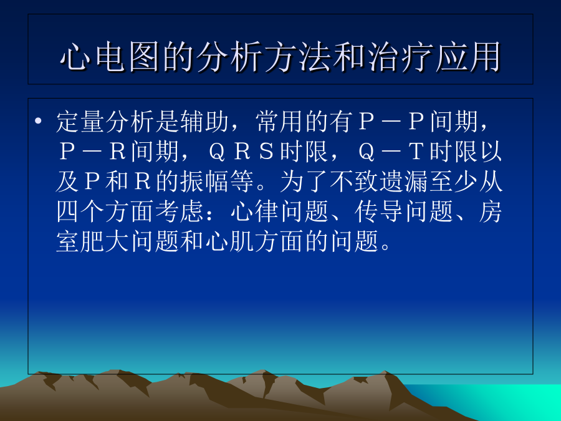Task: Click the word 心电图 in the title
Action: pos(110,57)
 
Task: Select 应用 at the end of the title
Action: pos(468,57)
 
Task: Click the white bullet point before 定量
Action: pos(38,120)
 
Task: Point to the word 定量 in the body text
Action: pos(80,122)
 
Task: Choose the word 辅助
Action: pos(204,122)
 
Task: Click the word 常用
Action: pos(279,122)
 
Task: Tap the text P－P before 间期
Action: pos(392,122)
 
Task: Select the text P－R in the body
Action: pos(93,152)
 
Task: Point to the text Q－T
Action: pos(392,152)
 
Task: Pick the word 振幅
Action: pos(204,181)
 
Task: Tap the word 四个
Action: pos(80,211)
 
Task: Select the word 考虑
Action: pos(180,211)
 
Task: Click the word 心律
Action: pos(254,211)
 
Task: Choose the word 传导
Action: pos(379,211)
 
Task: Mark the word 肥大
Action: pos(105,241)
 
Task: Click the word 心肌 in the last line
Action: pos(229,241)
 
